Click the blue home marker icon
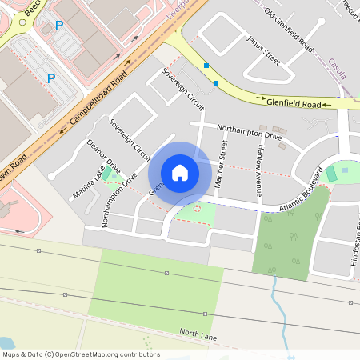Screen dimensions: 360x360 coord(180,173)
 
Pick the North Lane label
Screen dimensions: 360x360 coord(198,335)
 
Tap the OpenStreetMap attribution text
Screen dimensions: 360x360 coord(81,354)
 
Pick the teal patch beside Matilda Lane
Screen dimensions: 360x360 coord(107,174)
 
